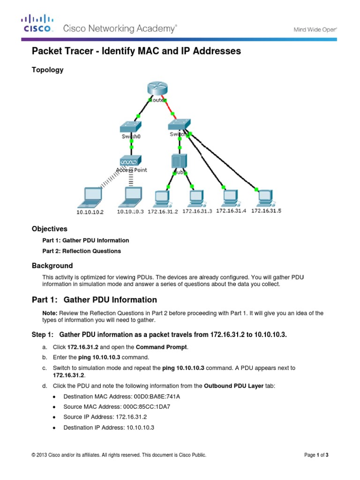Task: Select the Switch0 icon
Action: pos(131,127)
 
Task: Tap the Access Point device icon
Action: pos(131,161)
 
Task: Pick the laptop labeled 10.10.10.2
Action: pos(91,197)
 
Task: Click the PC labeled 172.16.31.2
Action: pos(163,197)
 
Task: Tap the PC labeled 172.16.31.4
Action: pos(230,197)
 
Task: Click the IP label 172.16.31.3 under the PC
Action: pos(197,211)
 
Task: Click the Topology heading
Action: pos(47,70)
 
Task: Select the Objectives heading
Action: pos(50,229)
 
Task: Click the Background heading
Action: pos(52,265)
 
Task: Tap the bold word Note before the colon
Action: pos(49,313)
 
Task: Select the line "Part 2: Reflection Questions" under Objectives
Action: pos(82,251)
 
